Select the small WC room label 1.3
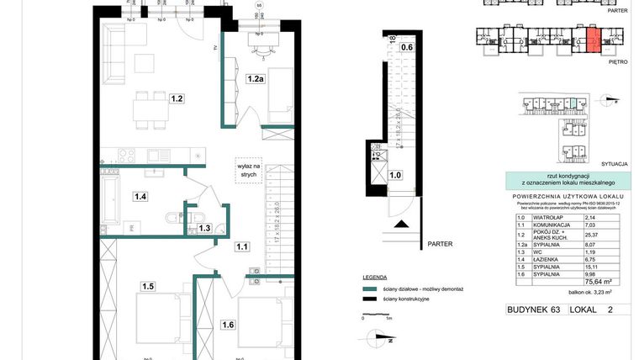point(204,228)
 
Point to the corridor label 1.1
point(242,246)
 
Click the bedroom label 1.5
point(148,286)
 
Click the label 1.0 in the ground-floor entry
point(395,175)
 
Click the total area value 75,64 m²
point(599,283)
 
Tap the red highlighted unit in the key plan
point(593,40)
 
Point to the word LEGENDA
point(374,277)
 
